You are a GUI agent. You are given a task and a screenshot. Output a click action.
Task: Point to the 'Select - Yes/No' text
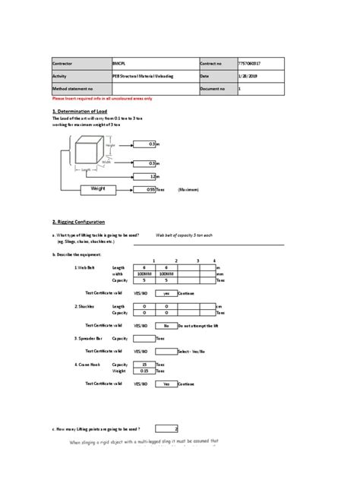[193, 352]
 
